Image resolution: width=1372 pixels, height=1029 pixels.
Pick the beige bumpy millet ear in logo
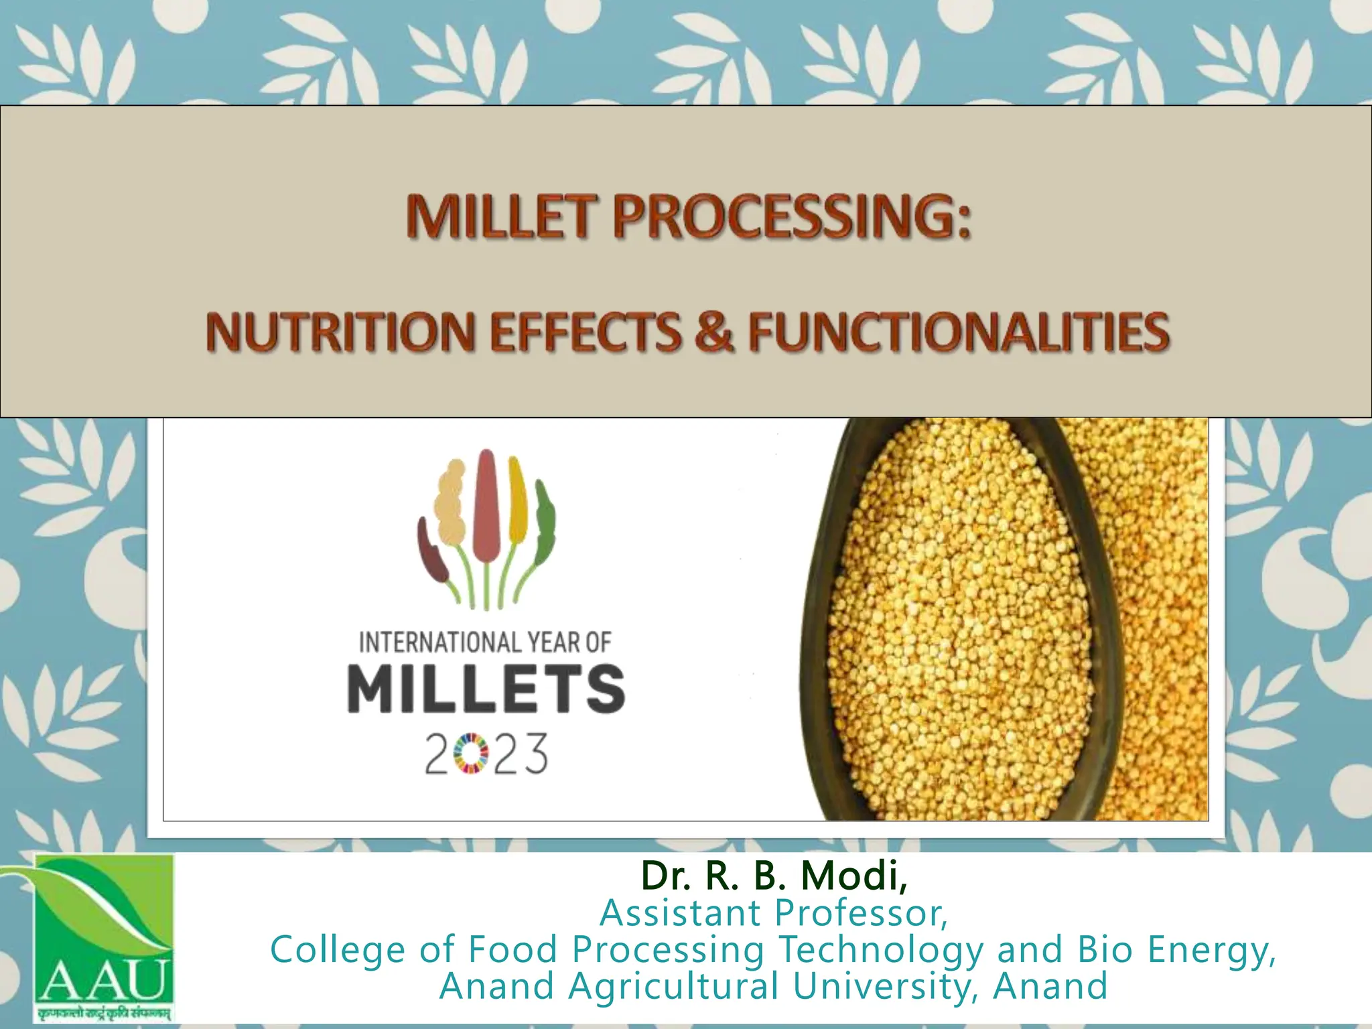pyautogui.click(x=451, y=509)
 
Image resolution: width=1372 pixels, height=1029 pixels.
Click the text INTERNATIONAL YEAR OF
pyautogui.click(x=486, y=642)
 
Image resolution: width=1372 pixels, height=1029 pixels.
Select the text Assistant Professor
pyautogui.click(x=774, y=912)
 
